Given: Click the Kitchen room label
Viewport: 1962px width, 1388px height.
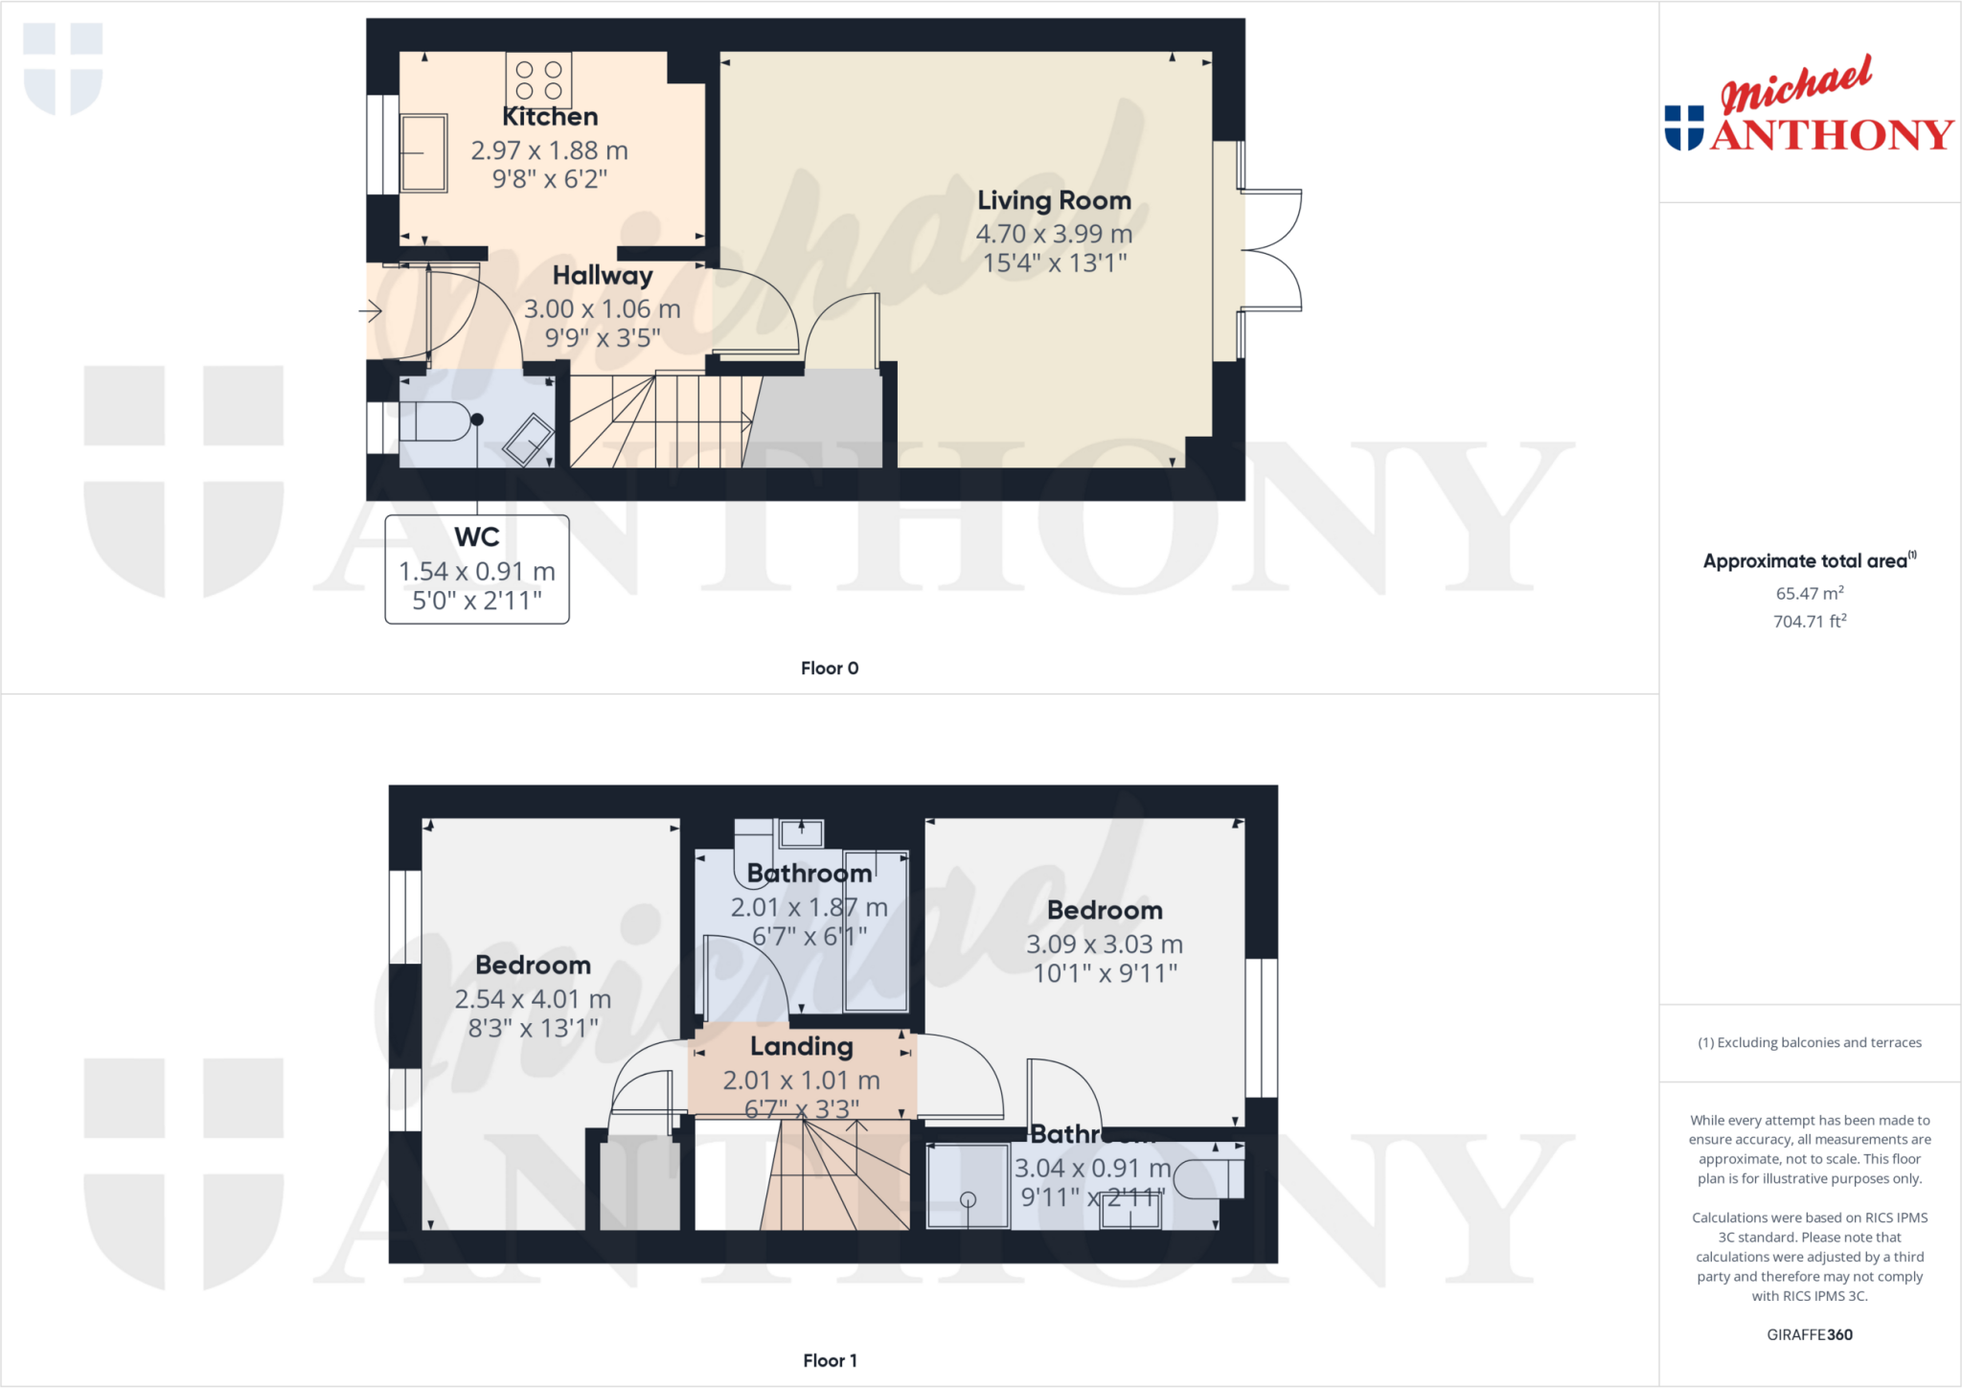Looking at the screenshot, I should coord(550,117).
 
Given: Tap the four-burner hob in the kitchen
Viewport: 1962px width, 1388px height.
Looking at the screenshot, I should coord(538,80).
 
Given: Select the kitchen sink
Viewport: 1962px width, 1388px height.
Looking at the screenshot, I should coord(423,153).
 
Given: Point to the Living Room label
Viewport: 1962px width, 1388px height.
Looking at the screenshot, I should coord(1054,200).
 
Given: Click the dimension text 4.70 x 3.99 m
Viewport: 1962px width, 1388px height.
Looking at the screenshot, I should coord(1054,234).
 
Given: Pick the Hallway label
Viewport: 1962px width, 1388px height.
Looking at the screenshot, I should coord(603,276).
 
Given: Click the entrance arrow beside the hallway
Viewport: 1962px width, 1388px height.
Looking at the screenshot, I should coord(371,310).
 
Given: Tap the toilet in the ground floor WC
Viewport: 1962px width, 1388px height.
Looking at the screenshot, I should coord(437,421).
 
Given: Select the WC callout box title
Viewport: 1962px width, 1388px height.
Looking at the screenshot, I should coord(477,537).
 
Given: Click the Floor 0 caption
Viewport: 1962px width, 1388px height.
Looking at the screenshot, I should coord(830,669).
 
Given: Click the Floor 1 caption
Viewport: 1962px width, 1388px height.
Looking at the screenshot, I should coord(830,1360).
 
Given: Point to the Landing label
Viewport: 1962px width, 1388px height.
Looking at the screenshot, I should coord(801,1046).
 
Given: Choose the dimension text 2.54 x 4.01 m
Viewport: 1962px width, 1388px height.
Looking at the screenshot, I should coord(533,999).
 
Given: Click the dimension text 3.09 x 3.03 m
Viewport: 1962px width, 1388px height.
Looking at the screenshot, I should coord(1105,944).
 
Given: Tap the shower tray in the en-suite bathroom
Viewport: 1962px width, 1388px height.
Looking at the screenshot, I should coord(968,1186).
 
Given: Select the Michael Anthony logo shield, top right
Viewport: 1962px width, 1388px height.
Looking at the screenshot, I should coord(1684,127).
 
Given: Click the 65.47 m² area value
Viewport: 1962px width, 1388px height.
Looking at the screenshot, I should coord(1810,594).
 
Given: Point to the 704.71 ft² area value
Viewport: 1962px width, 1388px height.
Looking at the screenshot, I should coord(1810,622).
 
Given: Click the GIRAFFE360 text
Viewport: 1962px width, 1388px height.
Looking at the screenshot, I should coord(1810,1334).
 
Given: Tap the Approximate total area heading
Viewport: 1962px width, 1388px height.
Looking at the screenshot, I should coord(1808,561).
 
